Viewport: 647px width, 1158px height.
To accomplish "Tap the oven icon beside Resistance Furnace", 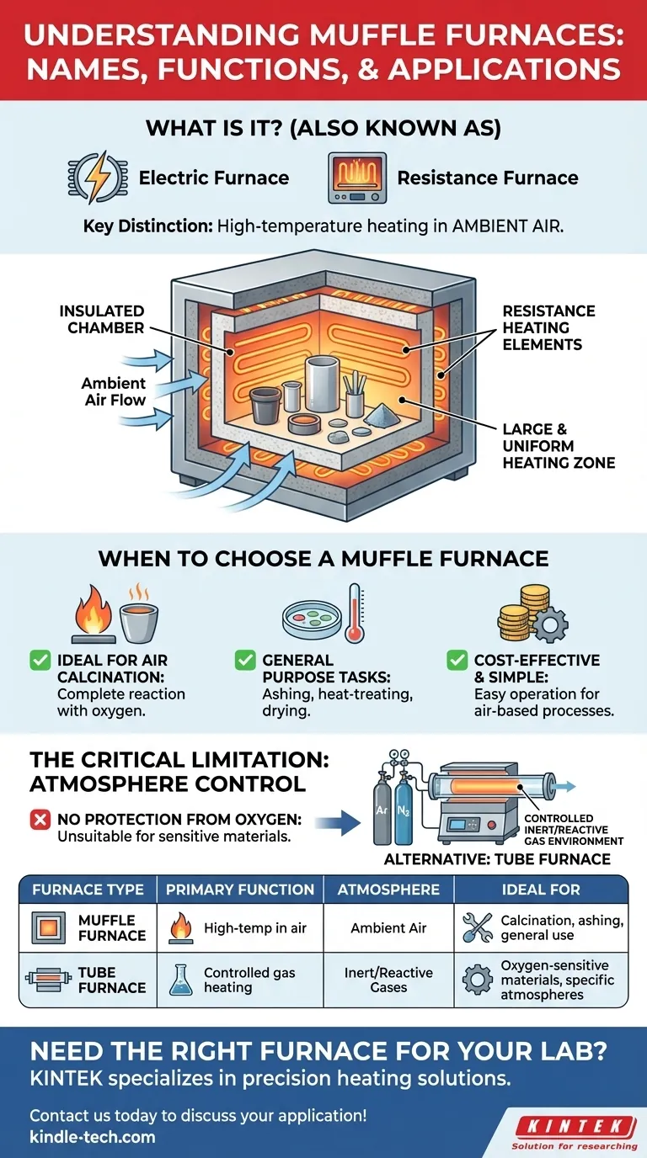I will point(356,178).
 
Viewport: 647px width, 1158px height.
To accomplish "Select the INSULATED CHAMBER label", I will point(102,319).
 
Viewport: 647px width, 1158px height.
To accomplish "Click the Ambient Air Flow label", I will point(114,391).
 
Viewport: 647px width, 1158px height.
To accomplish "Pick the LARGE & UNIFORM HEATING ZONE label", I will point(559,446).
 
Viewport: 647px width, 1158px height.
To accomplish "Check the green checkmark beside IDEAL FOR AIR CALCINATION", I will point(40,661).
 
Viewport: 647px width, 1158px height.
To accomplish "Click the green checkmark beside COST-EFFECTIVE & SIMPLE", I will point(457,661).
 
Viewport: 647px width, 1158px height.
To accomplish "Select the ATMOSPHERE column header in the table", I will point(388,889).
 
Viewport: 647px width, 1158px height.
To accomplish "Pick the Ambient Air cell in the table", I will point(388,928).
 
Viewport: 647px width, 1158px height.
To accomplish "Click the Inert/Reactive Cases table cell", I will point(388,980).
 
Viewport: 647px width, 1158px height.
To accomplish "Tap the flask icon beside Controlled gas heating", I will point(180,980).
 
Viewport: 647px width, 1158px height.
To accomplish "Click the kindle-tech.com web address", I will point(92,1137).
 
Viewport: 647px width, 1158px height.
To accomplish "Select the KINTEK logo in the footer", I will point(575,1125).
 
